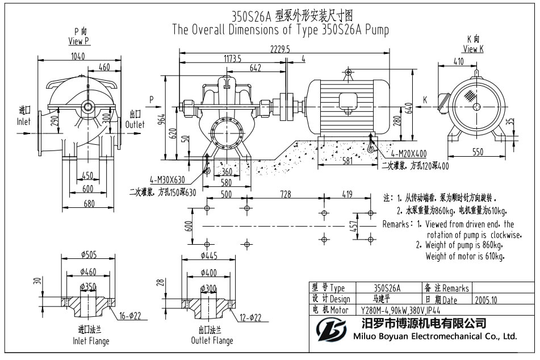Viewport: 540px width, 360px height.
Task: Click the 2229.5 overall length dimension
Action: pyautogui.click(x=281, y=49)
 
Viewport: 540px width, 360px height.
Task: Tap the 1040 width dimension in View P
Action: pyautogui.click(x=79, y=56)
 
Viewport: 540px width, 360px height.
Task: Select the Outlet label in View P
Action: pyautogui.click(x=135, y=124)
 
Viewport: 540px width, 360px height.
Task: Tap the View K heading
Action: pyautogui.click(x=473, y=49)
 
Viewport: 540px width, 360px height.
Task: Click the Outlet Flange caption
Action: pyautogui.click(x=212, y=341)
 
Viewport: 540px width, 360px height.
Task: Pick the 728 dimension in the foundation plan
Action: pyautogui.click(x=289, y=194)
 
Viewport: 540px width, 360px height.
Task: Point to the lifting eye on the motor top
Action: pyautogui.click(x=347, y=73)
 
